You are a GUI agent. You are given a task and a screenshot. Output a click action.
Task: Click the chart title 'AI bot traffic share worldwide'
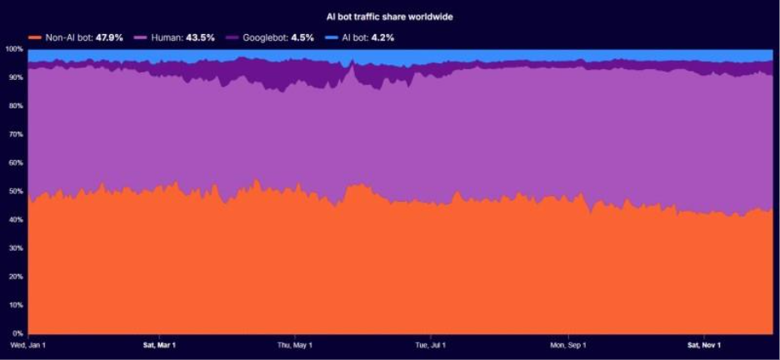point(389,16)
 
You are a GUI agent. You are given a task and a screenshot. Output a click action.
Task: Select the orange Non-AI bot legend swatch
point(34,37)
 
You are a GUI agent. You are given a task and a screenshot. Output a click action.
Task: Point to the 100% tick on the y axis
point(14,49)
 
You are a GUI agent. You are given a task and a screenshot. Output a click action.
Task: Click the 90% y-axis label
point(16,77)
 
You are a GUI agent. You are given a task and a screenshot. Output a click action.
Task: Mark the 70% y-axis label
point(16,134)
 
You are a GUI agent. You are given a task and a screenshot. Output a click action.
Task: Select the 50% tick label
point(16,191)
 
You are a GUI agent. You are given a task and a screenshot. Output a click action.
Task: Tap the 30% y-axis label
point(16,248)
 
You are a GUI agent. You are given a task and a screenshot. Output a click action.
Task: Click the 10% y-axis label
point(16,305)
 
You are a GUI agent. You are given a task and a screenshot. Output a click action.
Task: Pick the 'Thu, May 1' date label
point(295,345)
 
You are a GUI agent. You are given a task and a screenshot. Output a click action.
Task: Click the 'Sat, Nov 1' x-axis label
point(704,345)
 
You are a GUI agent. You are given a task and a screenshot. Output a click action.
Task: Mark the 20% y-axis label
point(16,277)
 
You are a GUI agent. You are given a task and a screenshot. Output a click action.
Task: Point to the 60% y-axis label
point(16,162)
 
